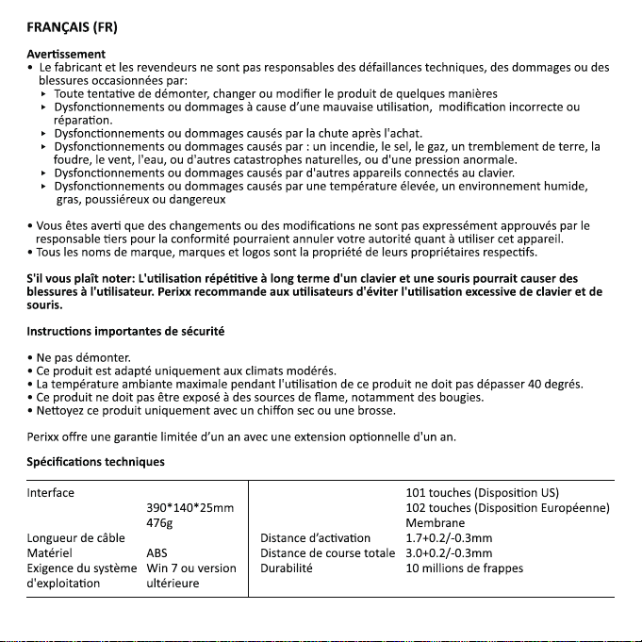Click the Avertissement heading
65,54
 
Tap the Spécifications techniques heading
95,461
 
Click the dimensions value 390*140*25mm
190,508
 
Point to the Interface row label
51,493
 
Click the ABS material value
157,553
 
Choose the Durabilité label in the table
287,568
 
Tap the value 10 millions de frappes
464,568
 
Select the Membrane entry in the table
435,523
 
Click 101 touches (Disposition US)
482,493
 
